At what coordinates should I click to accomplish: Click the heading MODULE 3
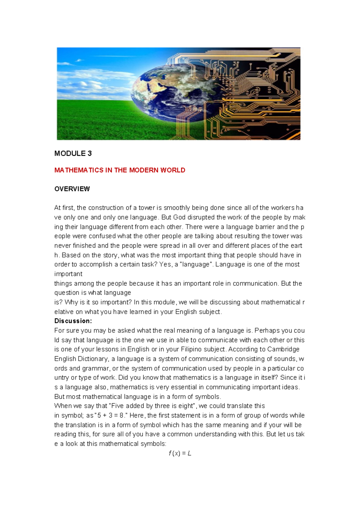coord(73,154)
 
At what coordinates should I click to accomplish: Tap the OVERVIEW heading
coord(72,189)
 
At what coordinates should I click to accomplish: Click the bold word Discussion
coord(72,321)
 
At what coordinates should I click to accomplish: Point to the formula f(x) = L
coord(180,453)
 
